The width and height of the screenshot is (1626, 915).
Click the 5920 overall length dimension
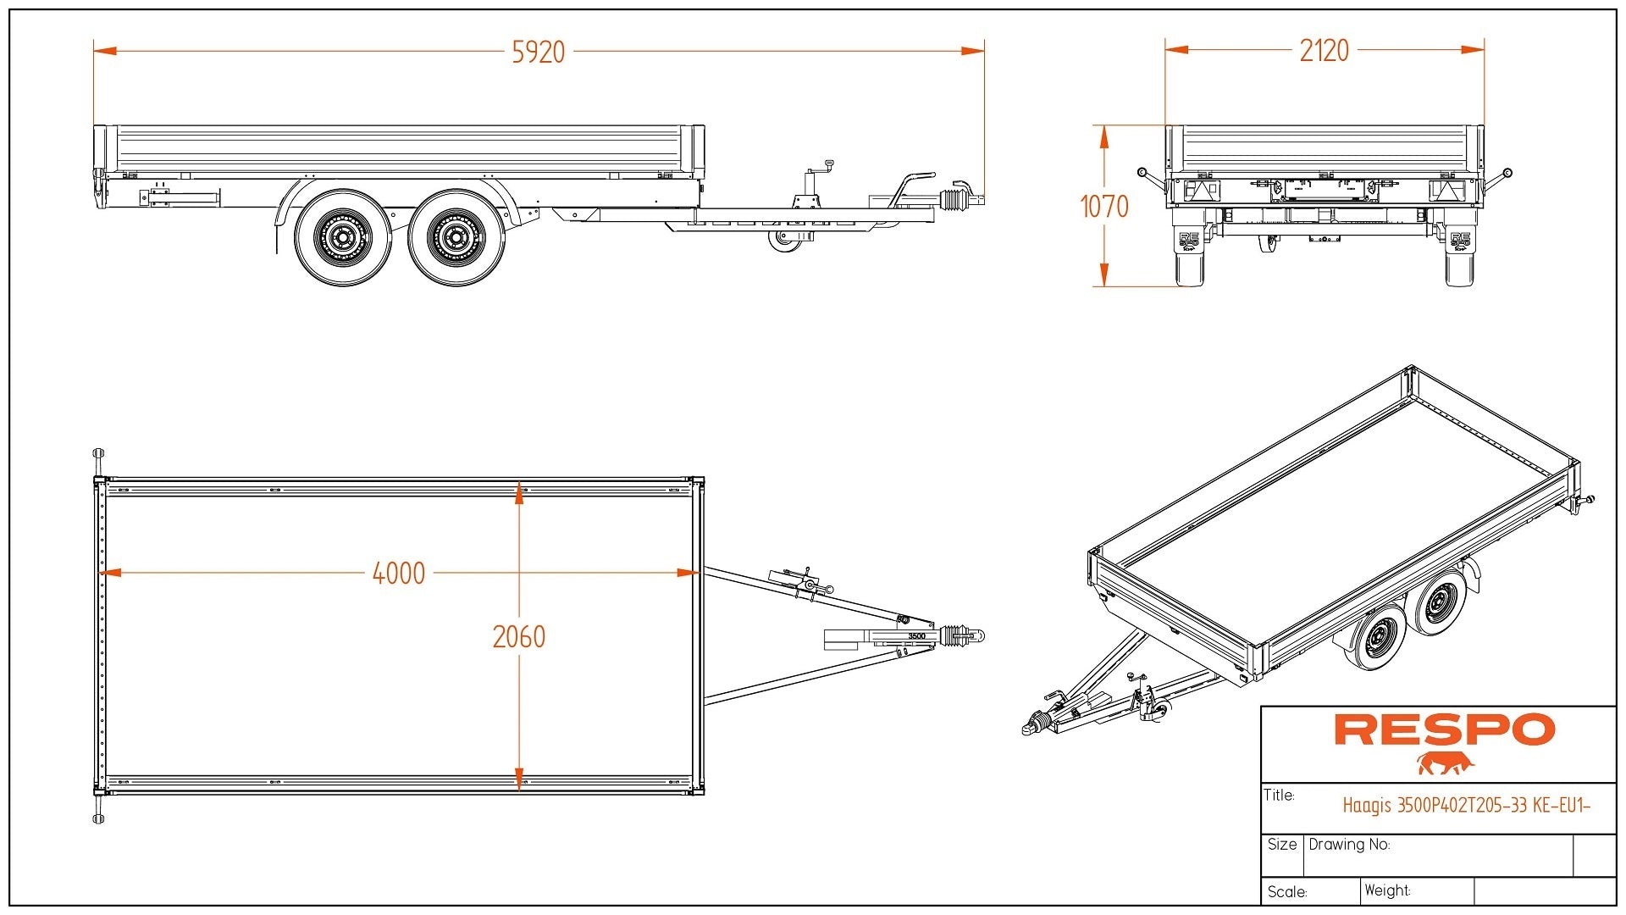[539, 53]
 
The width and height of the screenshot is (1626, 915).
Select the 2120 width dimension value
[1324, 51]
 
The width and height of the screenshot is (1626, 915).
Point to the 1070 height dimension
[1104, 206]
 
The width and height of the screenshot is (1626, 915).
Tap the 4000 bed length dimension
[399, 574]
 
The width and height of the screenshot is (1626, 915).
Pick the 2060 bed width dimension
[519, 636]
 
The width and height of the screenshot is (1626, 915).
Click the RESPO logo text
[1444, 730]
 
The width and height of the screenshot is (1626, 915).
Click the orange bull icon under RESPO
[1446, 763]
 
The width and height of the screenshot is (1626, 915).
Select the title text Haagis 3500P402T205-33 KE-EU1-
[1466, 806]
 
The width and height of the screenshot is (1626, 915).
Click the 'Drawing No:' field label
[1349, 845]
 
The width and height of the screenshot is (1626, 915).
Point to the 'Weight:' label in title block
[1387, 890]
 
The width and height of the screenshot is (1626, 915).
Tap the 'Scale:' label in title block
[1287, 892]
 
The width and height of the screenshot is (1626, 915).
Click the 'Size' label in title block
[1281, 845]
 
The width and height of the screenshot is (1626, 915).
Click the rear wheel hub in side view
[343, 237]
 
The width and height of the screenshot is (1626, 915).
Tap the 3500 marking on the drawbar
[916, 636]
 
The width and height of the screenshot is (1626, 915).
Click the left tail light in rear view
[1198, 189]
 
